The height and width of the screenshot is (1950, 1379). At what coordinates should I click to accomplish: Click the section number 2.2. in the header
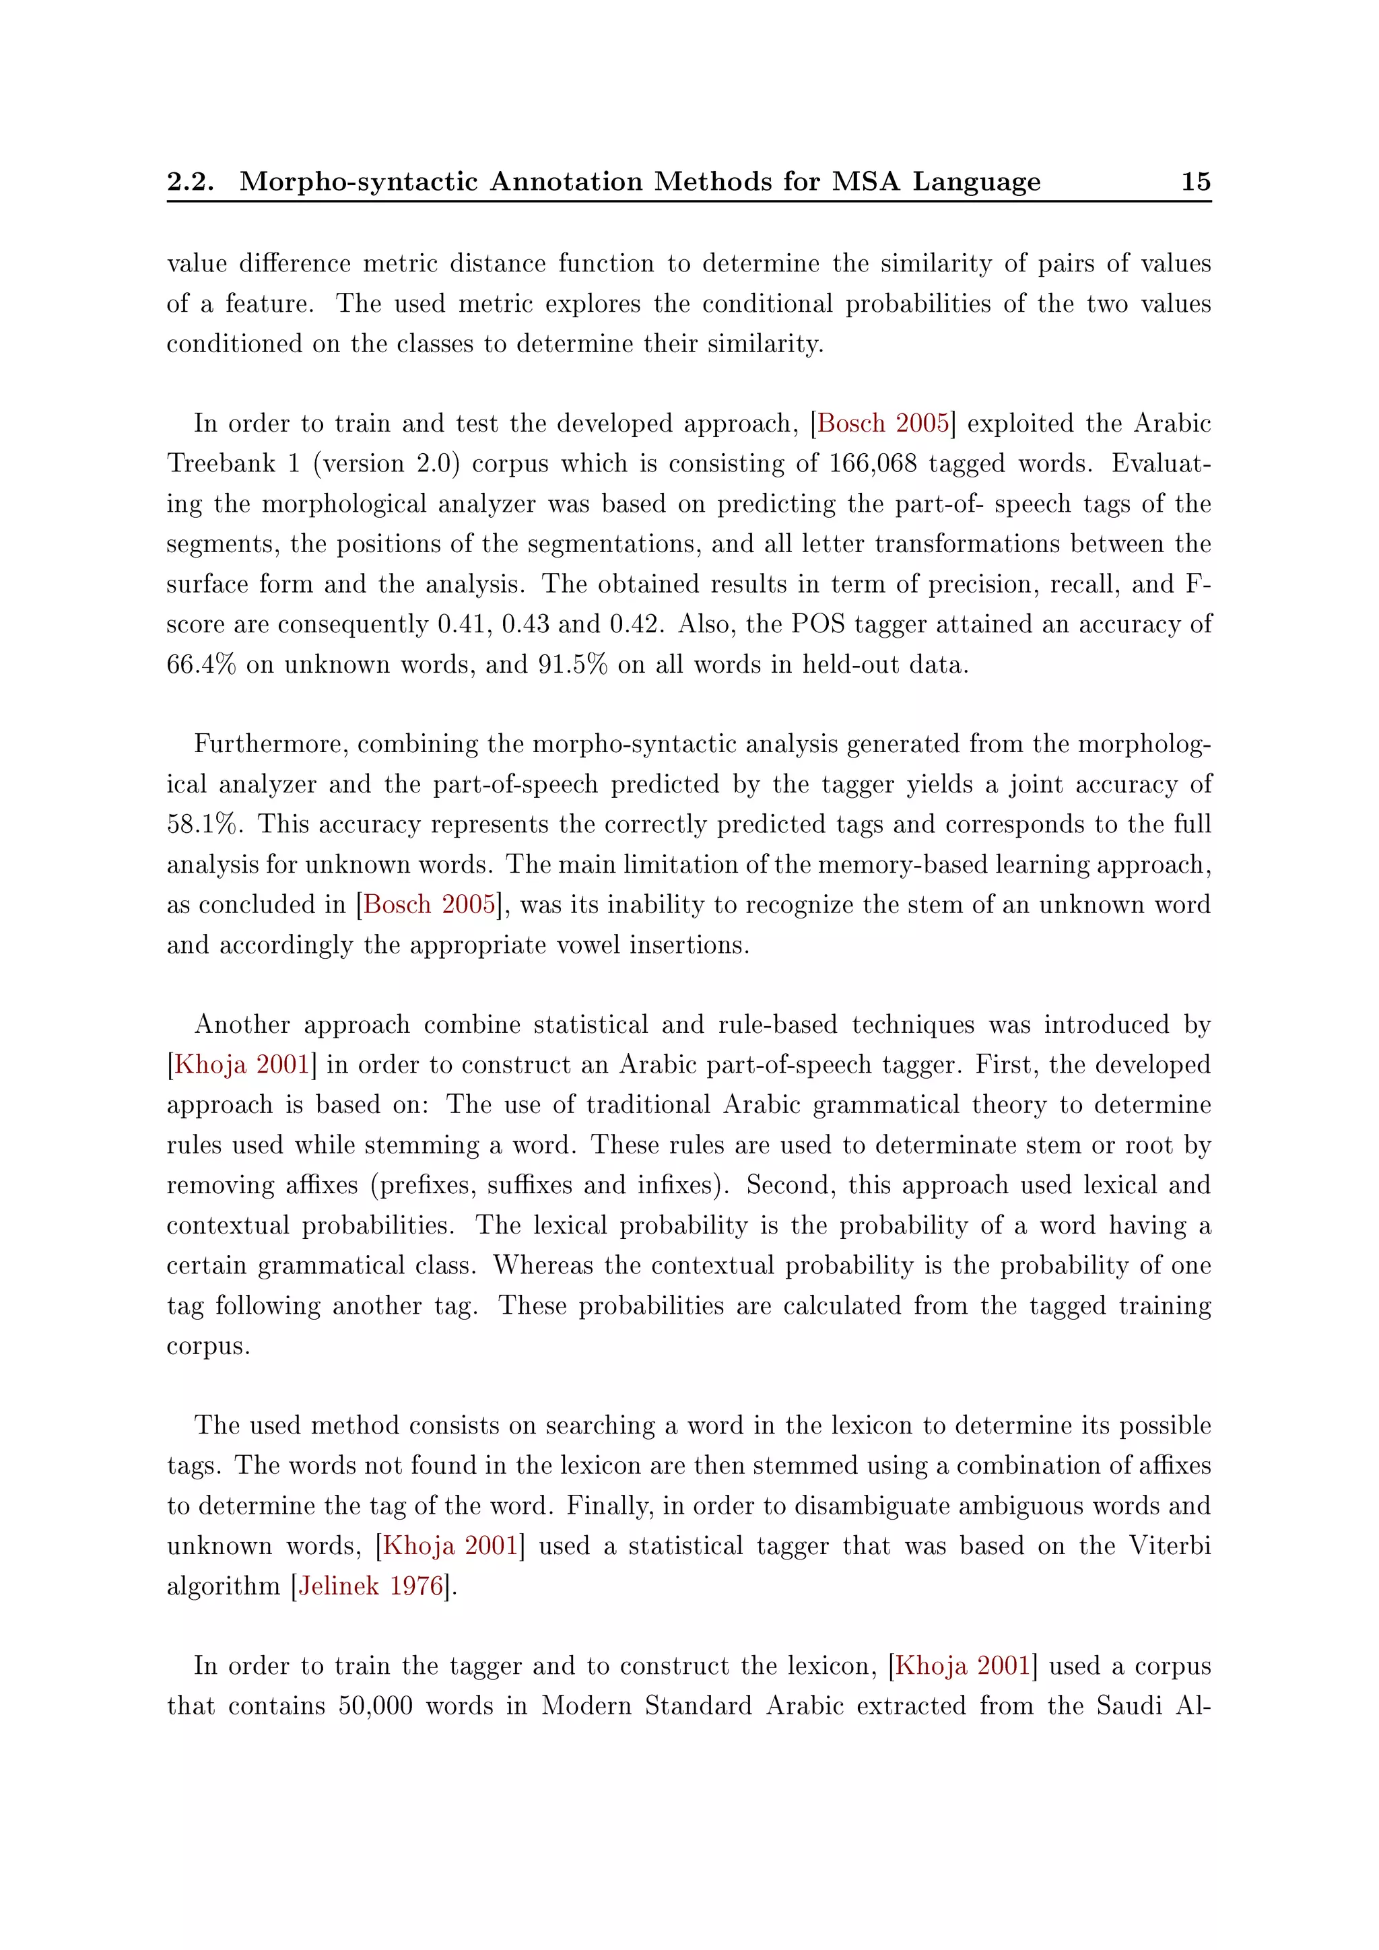pos(190,181)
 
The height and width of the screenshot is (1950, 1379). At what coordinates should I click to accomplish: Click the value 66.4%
pos(201,664)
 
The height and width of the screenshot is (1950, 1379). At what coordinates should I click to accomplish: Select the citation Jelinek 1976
pos(371,1586)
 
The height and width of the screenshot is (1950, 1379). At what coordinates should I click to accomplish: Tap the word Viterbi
pos(1170,1546)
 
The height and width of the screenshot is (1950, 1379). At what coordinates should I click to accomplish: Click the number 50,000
pos(375,1706)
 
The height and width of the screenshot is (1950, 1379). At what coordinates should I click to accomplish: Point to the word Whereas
pos(543,1265)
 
